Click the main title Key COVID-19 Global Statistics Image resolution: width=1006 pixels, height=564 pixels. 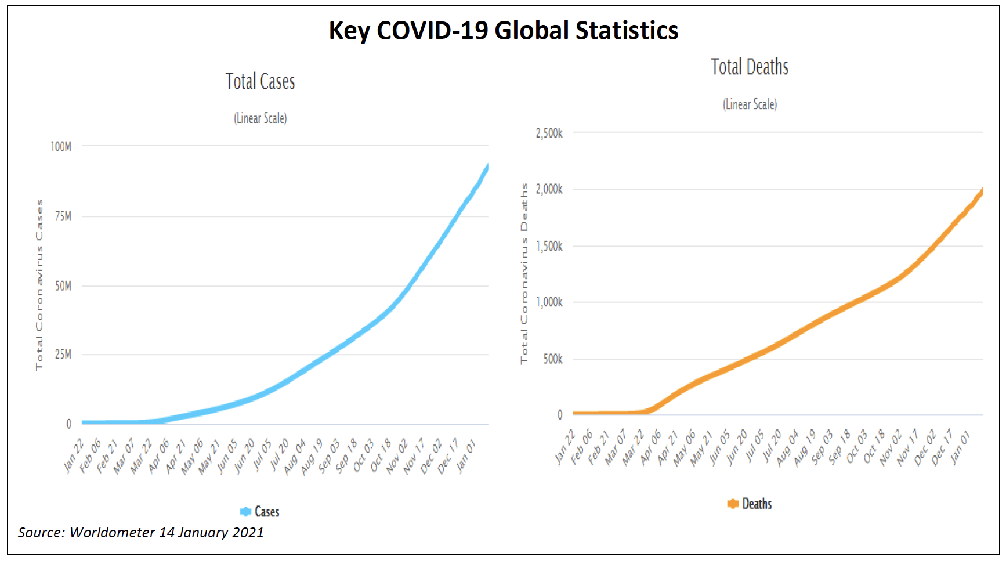click(x=503, y=31)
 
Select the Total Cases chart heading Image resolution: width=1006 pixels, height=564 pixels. click(x=260, y=82)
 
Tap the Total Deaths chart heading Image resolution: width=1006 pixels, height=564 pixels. click(x=750, y=67)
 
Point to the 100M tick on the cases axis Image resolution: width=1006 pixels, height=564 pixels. click(x=61, y=146)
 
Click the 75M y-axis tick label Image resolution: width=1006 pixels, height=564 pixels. click(x=63, y=216)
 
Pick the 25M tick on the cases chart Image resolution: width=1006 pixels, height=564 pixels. click(x=63, y=355)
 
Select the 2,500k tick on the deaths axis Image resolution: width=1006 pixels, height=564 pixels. click(x=549, y=133)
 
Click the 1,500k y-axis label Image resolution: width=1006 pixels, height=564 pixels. click(x=549, y=246)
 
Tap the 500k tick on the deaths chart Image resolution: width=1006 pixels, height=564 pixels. click(x=553, y=359)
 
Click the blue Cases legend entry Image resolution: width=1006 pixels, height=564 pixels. click(x=260, y=512)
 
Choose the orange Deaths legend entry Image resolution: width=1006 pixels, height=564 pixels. click(x=750, y=504)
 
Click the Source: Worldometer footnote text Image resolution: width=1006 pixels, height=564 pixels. click(x=140, y=533)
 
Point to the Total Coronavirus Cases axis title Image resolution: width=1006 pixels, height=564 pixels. click(x=39, y=284)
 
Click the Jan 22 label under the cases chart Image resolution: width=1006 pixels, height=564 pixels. click(x=74, y=457)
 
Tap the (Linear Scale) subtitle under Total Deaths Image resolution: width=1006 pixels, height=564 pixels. click(x=750, y=104)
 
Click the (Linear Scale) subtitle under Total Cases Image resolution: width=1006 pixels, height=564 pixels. click(x=260, y=118)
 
